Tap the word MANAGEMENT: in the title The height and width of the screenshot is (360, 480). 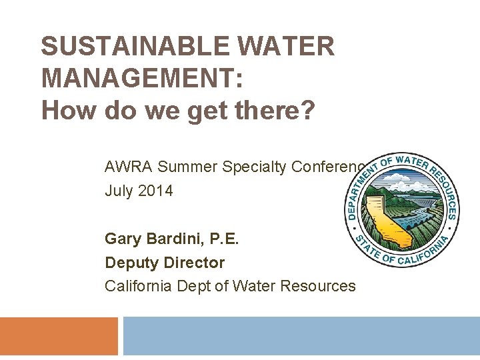tap(142, 78)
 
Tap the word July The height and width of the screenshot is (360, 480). tap(119, 191)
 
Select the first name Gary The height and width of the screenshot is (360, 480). tap(122, 239)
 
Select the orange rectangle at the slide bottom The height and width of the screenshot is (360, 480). tap(59, 336)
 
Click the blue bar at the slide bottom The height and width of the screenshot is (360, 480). tap(301, 336)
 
